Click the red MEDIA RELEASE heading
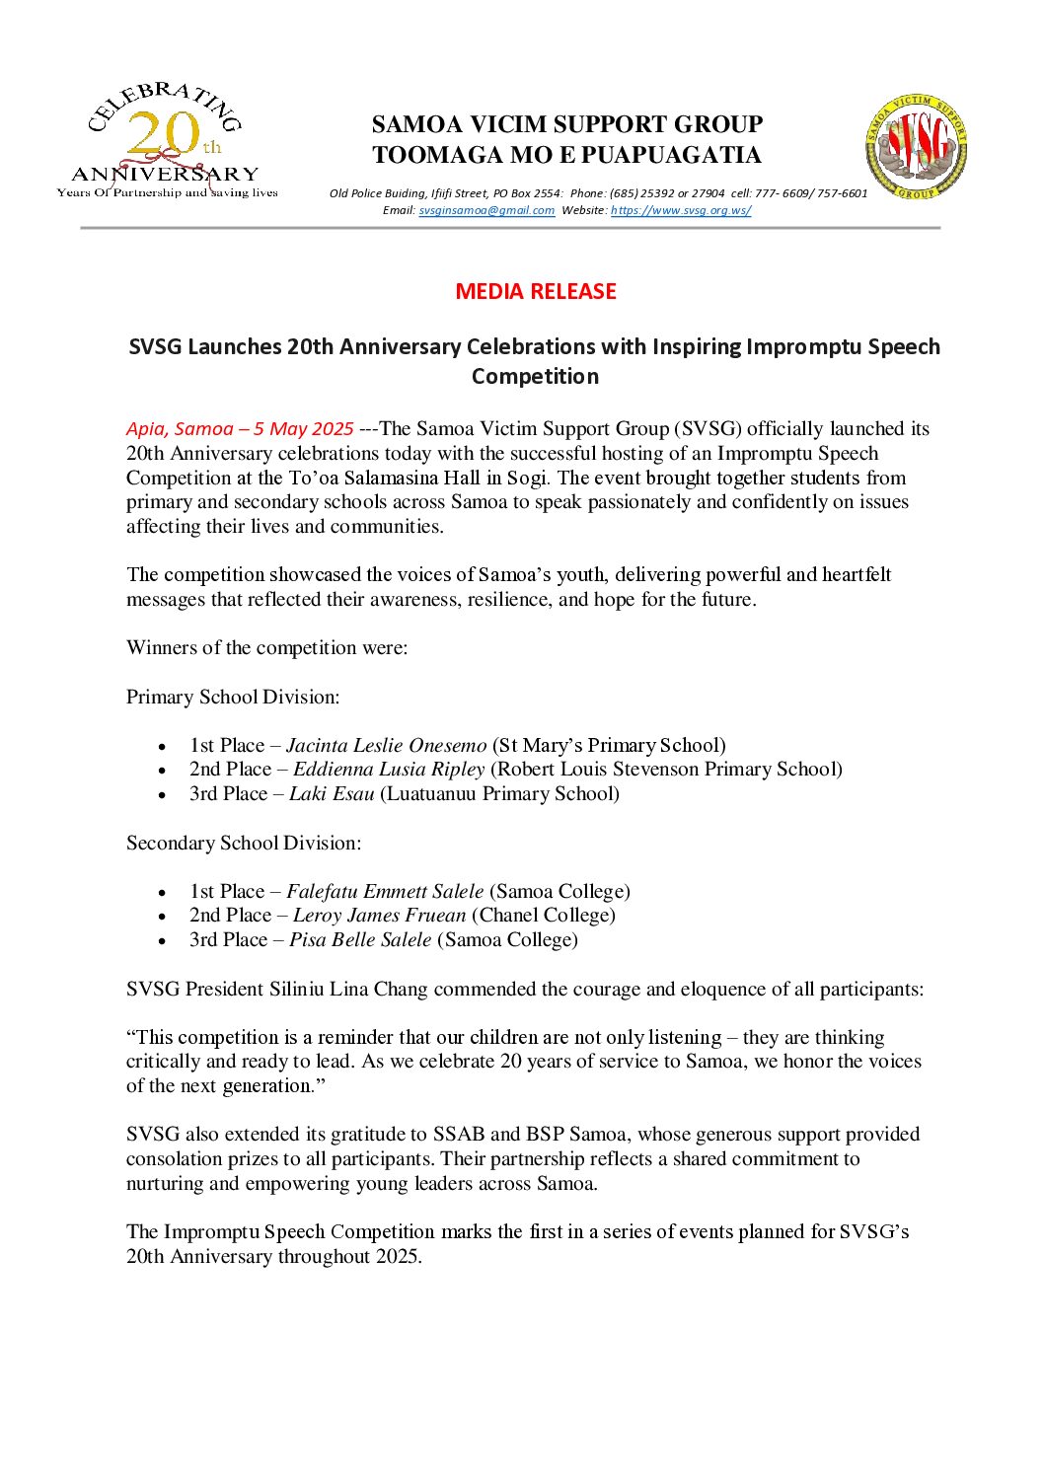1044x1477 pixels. [536, 292]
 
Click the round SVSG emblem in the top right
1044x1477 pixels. [916, 147]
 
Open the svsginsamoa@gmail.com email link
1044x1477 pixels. [486, 210]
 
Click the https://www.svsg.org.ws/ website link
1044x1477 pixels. [681, 210]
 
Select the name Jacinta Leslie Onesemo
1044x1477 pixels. [387, 746]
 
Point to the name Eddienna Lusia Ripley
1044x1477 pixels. [389, 770]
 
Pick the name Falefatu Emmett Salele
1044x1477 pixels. [385, 892]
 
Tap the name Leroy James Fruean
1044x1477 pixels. [379, 916]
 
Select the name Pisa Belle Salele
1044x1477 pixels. [360, 940]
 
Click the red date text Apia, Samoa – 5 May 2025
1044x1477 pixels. [240, 429]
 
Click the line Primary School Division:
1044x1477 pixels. [233, 698]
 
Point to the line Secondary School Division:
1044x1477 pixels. [244, 844]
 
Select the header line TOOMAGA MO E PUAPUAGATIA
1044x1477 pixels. [566, 156]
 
